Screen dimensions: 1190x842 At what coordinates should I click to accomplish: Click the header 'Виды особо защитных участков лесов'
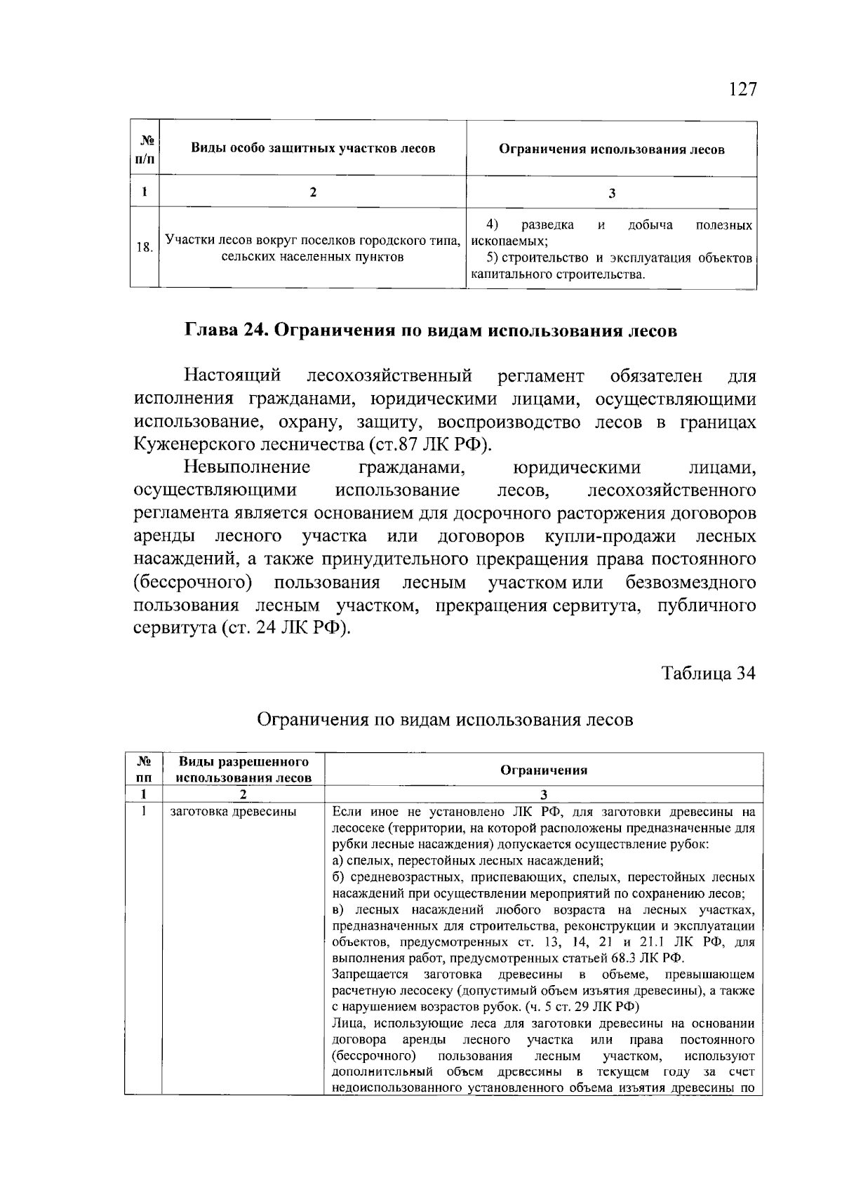[x=313, y=148]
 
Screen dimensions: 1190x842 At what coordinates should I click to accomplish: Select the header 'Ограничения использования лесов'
[x=611, y=149]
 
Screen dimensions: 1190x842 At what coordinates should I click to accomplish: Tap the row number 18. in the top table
[x=144, y=247]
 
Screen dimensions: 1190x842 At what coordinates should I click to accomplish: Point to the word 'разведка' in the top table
[x=548, y=225]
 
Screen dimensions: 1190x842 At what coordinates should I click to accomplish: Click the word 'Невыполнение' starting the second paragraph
[x=247, y=468]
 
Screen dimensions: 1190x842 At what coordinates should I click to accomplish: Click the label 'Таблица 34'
[x=709, y=674]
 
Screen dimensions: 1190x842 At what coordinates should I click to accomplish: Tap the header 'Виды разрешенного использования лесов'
[x=243, y=770]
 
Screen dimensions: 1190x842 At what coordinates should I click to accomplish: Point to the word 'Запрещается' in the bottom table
[x=370, y=975]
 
